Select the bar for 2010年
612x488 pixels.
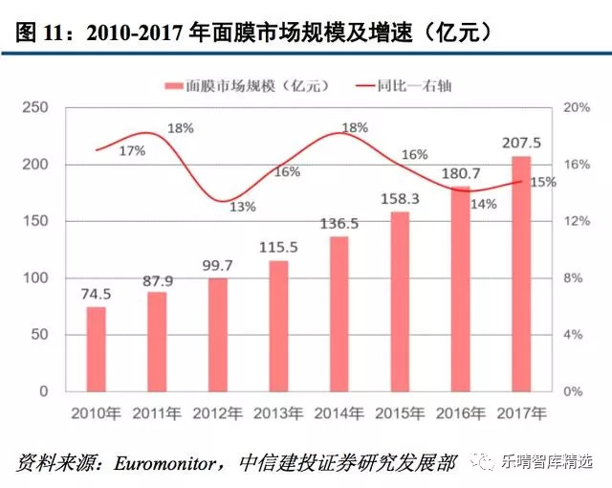96,349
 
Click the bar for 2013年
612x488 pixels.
278,326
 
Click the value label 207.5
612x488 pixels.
521,143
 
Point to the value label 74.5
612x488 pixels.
96,293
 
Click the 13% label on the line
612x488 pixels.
242,207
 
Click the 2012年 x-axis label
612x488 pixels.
217,413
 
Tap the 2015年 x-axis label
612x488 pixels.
399,413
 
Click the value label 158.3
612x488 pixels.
400,199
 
